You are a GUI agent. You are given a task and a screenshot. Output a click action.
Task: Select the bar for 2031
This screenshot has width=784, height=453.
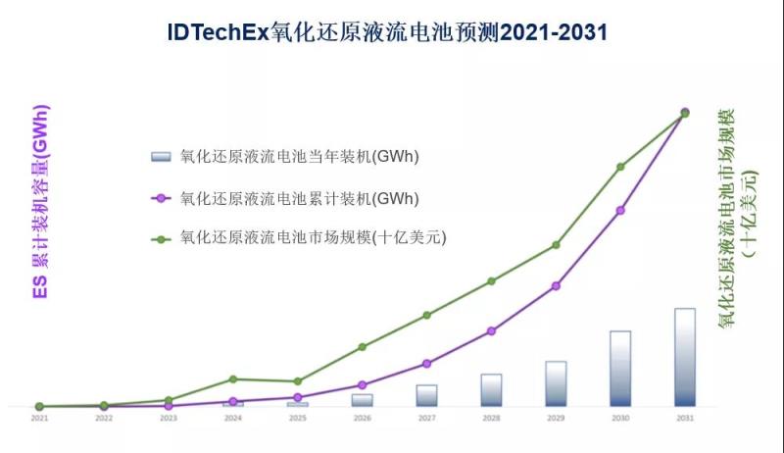tap(685, 358)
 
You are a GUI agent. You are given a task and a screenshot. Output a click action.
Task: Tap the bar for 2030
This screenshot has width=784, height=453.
tap(620, 369)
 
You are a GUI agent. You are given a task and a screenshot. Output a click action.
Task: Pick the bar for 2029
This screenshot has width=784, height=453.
tap(556, 384)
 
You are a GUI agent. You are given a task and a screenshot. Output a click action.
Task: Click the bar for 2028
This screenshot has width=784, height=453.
tap(491, 390)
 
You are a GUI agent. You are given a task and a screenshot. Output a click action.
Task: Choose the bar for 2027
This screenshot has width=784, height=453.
tap(426, 396)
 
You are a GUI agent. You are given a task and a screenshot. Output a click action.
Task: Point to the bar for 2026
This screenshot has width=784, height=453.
tap(363, 400)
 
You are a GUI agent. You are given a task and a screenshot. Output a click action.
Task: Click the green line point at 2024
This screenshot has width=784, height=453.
tap(233, 378)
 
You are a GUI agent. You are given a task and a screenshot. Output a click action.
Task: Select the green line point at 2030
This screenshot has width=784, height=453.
tap(620, 167)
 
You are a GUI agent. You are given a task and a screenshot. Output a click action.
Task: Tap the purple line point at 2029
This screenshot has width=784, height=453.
tap(556, 286)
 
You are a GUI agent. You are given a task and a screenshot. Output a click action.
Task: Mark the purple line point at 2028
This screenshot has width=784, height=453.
tap(491, 331)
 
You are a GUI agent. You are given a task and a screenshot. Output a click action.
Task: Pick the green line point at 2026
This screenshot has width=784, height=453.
tap(363, 346)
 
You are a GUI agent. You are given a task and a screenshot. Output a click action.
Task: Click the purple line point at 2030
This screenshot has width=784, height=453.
tap(620, 210)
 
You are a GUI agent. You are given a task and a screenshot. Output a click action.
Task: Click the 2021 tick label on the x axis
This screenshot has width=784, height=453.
tap(39, 418)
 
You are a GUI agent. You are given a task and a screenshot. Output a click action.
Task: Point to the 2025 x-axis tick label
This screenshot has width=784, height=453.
tap(298, 418)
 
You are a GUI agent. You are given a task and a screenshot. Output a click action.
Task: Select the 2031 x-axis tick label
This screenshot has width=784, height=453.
tap(685, 418)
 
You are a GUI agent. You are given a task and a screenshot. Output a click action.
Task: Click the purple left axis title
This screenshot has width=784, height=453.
tap(40, 200)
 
